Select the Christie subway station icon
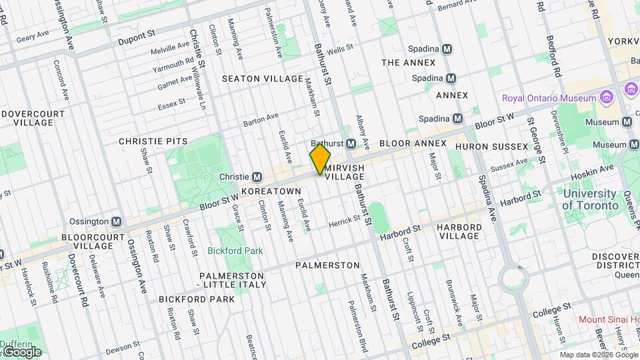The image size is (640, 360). pos(255,177)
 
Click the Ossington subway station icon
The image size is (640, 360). pos(116,221)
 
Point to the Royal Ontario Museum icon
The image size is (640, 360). pos(607,99)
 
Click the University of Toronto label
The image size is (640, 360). pos(589,199)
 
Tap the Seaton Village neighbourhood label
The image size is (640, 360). pos(263,79)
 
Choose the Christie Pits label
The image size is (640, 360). pos(153,141)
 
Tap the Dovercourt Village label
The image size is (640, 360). pos(33,118)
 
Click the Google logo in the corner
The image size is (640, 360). pos(21,351)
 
